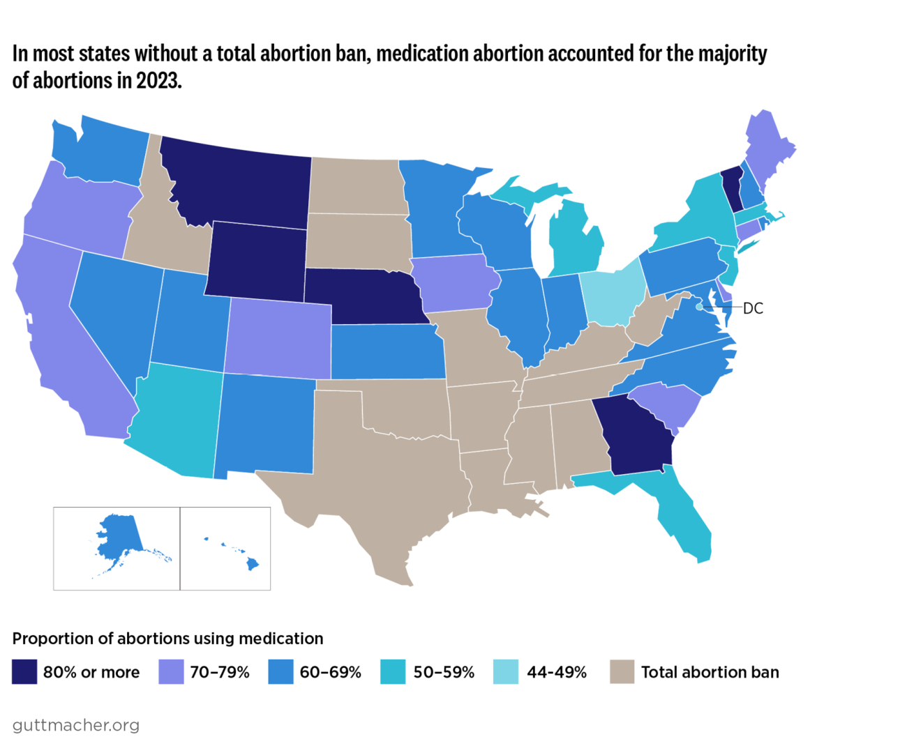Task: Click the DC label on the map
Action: tap(753, 308)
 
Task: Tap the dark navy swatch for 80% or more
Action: tap(24, 672)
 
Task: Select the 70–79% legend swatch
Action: tap(171, 672)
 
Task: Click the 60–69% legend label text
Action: tap(330, 672)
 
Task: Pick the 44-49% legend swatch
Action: tap(506, 672)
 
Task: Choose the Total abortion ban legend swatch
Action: tap(622, 672)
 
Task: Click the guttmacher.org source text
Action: tap(75, 725)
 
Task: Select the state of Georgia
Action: tap(638, 436)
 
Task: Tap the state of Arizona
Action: tap(178, 418)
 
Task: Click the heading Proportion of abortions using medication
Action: tap(167, 639)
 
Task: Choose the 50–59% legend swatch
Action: tap(393, 672)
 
